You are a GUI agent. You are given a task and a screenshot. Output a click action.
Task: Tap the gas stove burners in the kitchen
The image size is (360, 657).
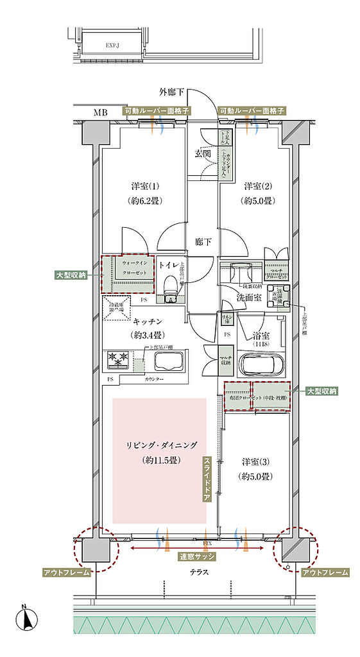click(119, 360)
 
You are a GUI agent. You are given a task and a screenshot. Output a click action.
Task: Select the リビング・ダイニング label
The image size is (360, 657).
click(160, 445)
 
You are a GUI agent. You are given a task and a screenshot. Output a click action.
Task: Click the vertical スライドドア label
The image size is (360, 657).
click(207, 479)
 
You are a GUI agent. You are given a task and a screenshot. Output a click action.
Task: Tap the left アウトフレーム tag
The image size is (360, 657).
click(66, 572)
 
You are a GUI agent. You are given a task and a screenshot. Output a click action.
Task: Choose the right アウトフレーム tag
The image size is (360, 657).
click(325, 572)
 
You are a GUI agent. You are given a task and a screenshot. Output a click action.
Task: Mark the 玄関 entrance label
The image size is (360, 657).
click(203, 154)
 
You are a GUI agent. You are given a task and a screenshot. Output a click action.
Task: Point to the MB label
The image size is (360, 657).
click(101, 113)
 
